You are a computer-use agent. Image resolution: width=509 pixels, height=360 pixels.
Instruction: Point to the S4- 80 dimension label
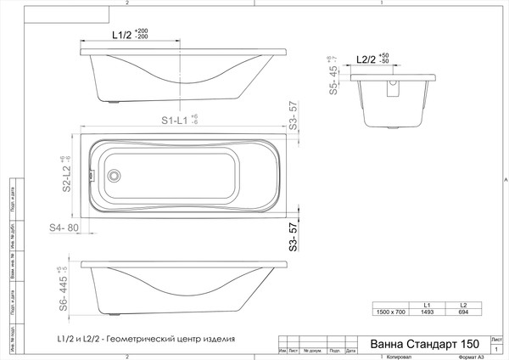(64, 228)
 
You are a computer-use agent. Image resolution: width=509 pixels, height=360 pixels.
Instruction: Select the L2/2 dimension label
(366, 60)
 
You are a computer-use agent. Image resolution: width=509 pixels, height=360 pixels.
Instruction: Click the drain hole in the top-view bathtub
(114, 177)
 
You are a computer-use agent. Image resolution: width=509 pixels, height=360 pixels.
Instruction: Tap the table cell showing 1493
(427, 312)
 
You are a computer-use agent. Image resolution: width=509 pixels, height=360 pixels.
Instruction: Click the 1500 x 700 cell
(390, 312)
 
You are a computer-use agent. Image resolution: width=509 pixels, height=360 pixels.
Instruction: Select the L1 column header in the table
(427, 305)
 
